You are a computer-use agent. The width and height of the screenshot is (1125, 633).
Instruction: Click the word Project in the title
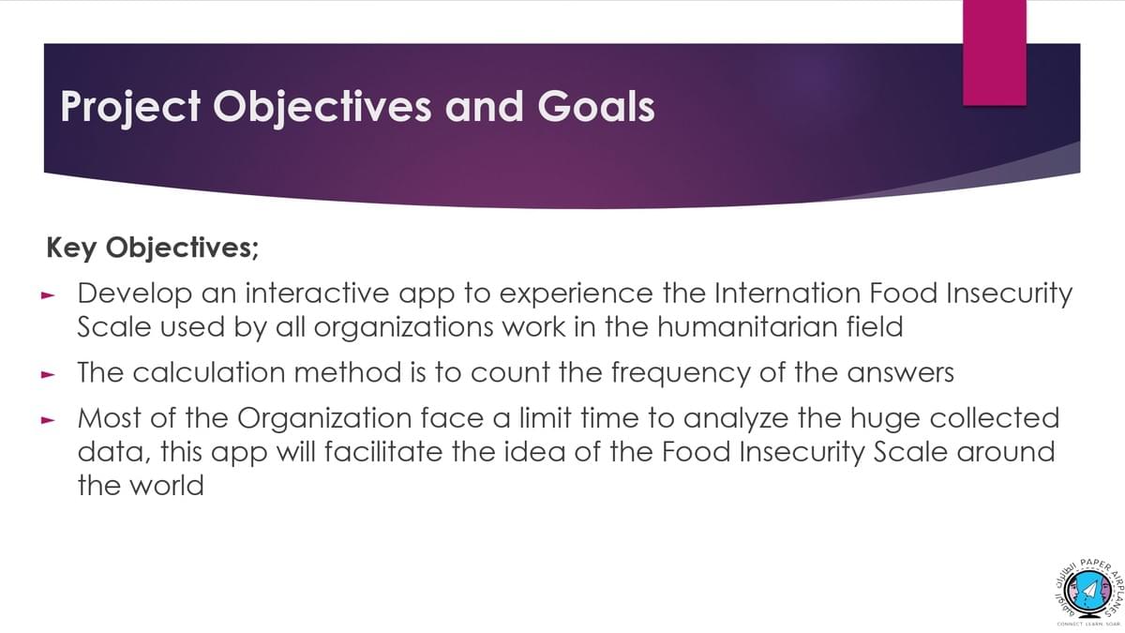[x=130, y=107]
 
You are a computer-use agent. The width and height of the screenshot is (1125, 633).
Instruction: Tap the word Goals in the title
[x=596, y=106]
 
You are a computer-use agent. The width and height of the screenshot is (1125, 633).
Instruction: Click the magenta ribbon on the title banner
[x=995, y=53]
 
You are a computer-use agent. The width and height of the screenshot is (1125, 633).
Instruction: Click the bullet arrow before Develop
[x=48, y=296]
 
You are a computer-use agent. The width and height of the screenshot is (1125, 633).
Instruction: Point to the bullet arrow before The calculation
[x=48, y=374]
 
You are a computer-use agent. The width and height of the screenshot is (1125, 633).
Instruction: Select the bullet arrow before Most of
[x=48, y=420]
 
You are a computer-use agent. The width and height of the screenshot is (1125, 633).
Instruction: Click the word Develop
[x=135, y=294]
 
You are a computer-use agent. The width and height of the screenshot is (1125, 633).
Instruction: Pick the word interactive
[x=318, y=294]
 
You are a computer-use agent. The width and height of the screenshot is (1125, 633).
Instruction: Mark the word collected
[x=995, y=418]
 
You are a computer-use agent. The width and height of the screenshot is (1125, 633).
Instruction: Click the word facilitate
[x=383, y=452]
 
